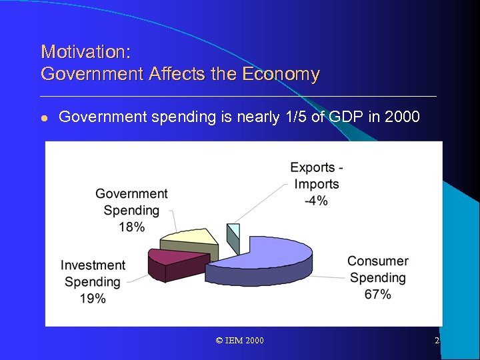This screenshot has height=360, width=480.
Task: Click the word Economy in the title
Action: pyautogui.click(x=282, y=74)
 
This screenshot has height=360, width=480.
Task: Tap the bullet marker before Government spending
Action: pyautogui.click(x=44, y=118)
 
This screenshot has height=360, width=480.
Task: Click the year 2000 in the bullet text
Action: pyautogui.click(x=403, y=117)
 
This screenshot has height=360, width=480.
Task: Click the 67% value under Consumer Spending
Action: pyautogui.click(x=377, y=294)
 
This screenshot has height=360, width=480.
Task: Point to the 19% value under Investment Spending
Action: pyautogui.click(x=93, y=299)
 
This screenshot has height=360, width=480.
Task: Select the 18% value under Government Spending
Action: pyautogui.click(x=131, y=227)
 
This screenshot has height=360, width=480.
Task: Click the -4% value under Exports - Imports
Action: pyautogui.click(x=316, y=201)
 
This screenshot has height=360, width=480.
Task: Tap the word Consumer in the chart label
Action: pyautogui.click(x=377, y=261)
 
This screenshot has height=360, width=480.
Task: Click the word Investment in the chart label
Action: pyautogui.click(x=93, y=265)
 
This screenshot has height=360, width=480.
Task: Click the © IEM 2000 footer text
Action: pyautogui.click(x=240, y=341)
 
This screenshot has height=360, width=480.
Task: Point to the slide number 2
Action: pyautogui.click(x=437, y=341)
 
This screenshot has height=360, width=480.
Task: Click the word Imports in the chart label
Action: pyautogui.click(x=317, y=184)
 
